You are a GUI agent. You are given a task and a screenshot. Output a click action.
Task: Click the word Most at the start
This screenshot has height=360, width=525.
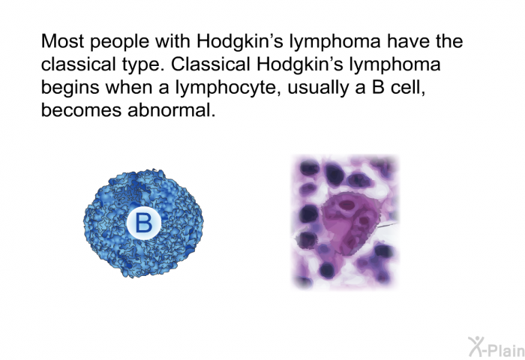pyautogui.click(x=62, y=41)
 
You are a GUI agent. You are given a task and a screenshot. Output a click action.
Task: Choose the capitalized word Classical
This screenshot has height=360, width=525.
pyautogui.click(x=211, y=64)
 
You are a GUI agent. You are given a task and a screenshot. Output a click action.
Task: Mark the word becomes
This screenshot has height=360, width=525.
pyautogui.click(x=81, y=110)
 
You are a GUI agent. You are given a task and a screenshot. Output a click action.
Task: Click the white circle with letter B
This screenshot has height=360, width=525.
pyautogui.click(x=144, y=223)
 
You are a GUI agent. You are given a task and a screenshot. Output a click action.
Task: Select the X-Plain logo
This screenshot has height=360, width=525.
pyautogui.click(x=496, y=347)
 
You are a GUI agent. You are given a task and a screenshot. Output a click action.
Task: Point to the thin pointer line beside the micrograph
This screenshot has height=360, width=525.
pyautogui.click(x=388, y=225)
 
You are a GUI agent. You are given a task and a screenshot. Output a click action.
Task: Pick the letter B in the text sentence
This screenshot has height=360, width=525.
pyautogui.click(x=378, y=87)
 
